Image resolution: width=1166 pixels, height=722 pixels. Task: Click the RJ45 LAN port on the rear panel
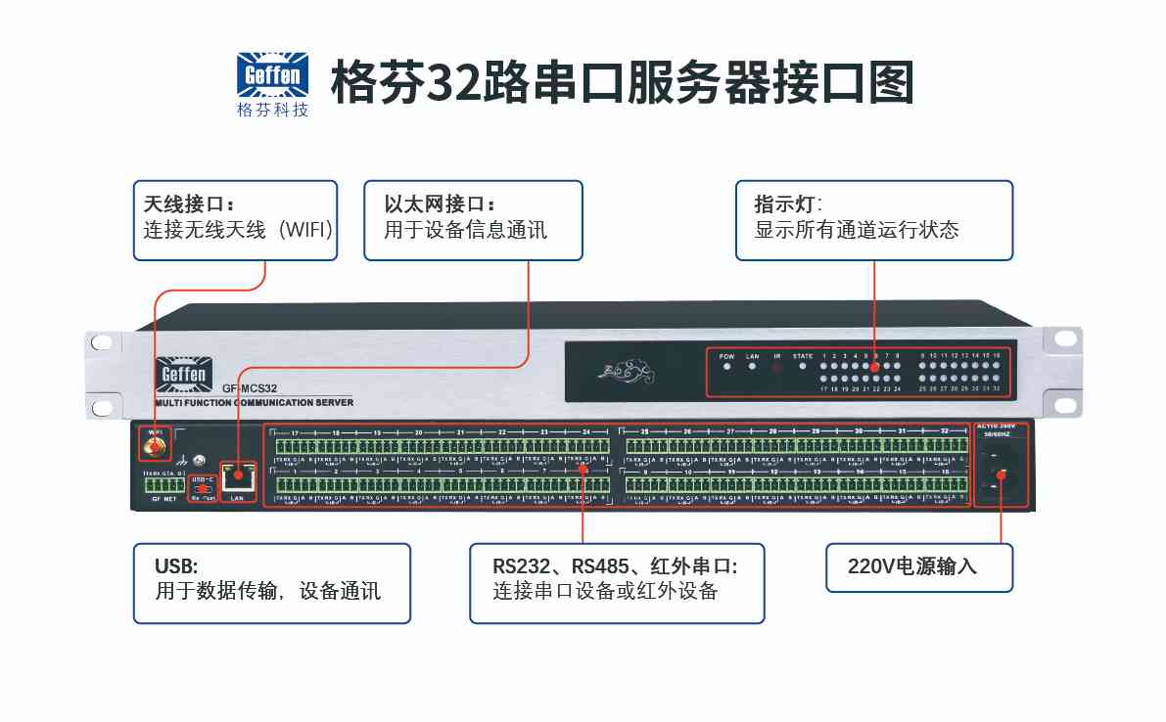coord(236,477)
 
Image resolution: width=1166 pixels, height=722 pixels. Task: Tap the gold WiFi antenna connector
coord(153,448)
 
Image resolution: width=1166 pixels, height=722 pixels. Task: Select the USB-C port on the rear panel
coord(203,487)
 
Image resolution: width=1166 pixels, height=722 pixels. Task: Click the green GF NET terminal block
coord(163,485)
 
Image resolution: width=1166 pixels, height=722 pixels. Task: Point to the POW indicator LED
coord(726,367)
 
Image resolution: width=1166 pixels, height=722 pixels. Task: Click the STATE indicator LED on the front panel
coord(803,367)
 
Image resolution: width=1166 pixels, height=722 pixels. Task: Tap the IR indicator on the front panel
coord(777,368)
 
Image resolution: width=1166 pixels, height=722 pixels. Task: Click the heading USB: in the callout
coord(176,565)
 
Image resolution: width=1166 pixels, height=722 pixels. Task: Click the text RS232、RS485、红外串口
coord(614,565)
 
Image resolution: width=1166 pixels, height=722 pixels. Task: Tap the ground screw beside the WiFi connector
coord(199,460)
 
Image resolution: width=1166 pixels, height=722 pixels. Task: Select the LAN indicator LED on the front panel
coord(752,367)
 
